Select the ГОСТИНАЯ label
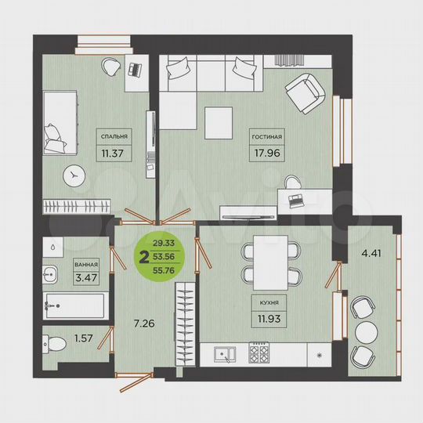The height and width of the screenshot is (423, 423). [267, 136]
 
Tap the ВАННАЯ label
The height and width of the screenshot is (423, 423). [87, 266]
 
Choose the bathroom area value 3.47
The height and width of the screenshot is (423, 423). [87, 278]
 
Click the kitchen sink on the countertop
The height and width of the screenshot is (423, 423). [226, 355]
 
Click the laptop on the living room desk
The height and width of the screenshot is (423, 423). [297, 201]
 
